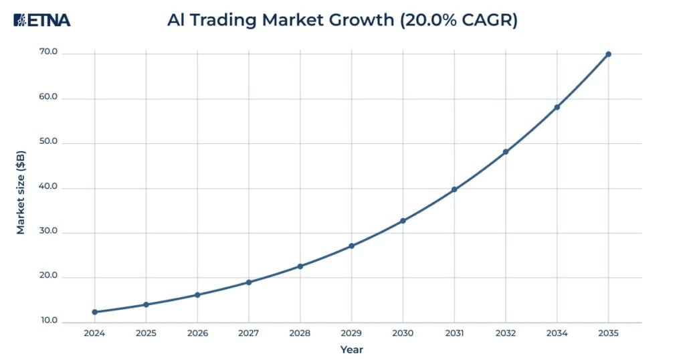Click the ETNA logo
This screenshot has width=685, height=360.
click(41, 20)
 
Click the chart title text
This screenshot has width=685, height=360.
click(342, 20)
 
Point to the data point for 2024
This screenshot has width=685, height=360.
click(94, 312)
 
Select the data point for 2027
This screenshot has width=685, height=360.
click(249, 282)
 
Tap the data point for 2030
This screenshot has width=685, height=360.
click(403, 221)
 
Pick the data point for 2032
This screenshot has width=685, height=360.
click(506, 152)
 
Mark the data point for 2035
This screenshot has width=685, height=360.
click(608, 54)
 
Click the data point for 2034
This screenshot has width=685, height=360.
click(557, 107)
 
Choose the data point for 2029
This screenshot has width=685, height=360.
click(351, 246)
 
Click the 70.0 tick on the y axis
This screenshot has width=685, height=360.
click(50, 52)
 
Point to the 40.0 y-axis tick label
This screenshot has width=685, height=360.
click(50, 187)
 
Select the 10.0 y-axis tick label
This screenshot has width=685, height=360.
click(50, 321)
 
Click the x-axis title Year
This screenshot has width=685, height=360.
click(351, 349)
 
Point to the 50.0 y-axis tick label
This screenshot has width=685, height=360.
click(50, 143)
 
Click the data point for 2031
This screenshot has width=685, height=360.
click(454, 189)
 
